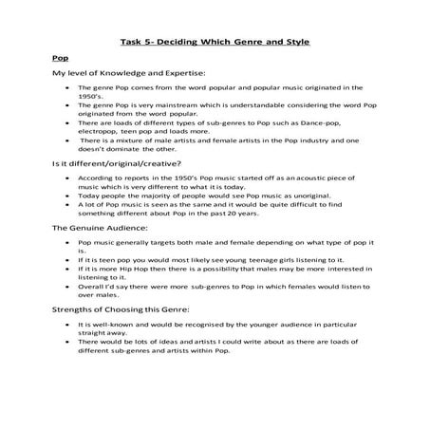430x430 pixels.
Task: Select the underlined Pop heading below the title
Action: coord(60,58)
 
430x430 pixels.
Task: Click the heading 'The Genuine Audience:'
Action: coord(98,228)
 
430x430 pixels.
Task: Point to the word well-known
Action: coord(109,325)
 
